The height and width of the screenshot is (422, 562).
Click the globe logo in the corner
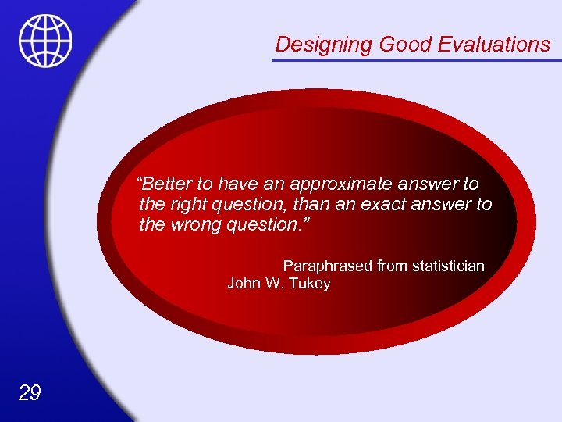[x=45, y=40]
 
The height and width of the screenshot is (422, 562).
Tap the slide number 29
[x=29, y=392]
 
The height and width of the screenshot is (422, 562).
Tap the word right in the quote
[x=183, y=205]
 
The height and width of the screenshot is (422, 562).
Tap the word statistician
[x=447, y=266]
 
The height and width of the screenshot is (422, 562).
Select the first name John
[x=244, y=284]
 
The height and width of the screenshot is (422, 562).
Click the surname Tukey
[x=310, y=284]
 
